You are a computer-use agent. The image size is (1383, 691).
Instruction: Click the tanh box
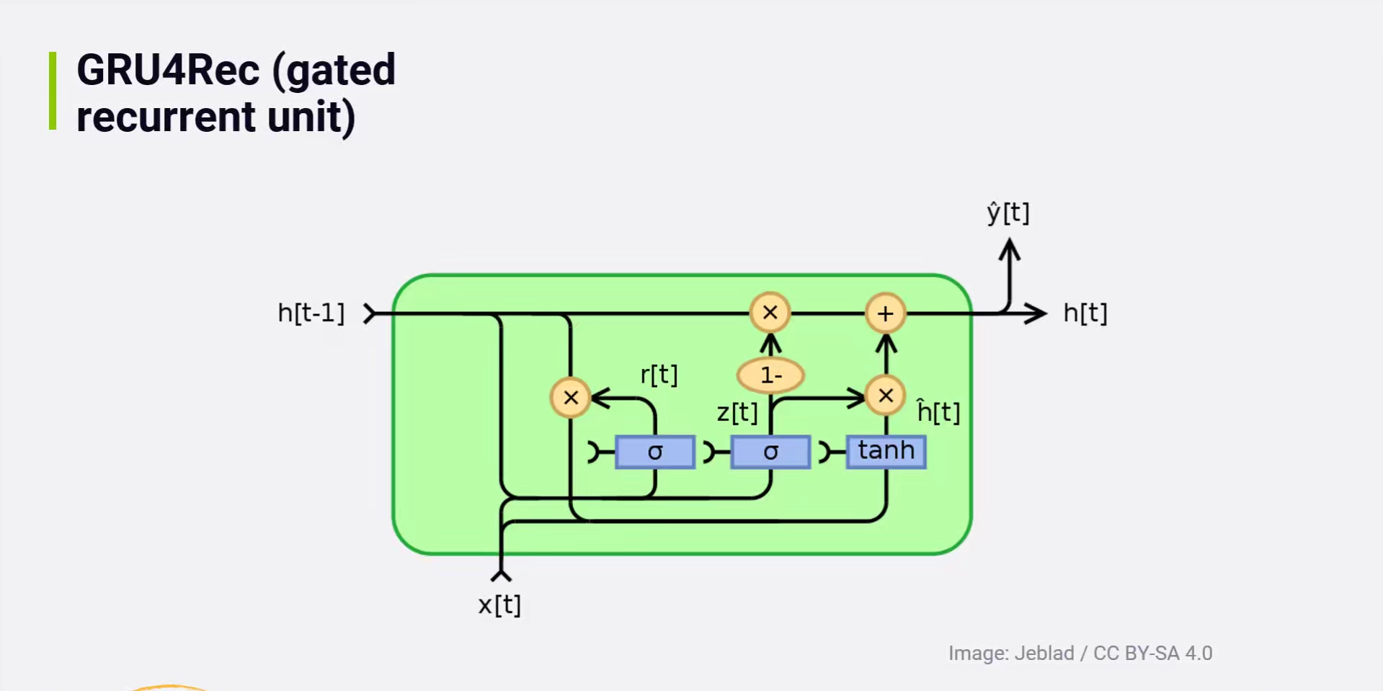(x=886, y=451)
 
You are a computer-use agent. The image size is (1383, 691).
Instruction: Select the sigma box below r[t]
(x=654, y=452)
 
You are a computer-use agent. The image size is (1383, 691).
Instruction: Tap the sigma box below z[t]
(x=770, y=452)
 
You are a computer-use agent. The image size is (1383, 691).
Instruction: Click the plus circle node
(x=885, y=313)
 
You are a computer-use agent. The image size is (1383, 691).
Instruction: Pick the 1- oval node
(x=770, y=375)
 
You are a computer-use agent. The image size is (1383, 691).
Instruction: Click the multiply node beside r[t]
(x=571, y=398)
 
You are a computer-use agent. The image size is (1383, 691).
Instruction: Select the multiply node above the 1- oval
(x=770, y=313)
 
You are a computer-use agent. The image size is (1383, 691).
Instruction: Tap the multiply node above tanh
(x=886, y=396)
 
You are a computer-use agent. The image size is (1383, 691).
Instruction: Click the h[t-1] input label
(x=311, y=313)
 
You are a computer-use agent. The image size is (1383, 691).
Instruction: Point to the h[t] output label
(x=1085, y=313)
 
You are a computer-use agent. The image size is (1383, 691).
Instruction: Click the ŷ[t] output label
(x=1008, y=213)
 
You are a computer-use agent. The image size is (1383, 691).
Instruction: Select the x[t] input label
(x=499, y=605)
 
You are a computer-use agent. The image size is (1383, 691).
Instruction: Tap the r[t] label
(x=659, y=375)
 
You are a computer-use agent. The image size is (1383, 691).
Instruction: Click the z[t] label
(x=737, y=413)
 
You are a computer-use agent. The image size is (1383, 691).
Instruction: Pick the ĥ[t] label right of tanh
(x=938, y=411)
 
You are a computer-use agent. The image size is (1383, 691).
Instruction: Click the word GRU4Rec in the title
(x=168, y=71)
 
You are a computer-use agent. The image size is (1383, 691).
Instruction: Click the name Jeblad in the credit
(x=1044, y=654)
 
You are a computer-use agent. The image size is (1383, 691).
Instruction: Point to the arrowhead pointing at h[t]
(x=1038, y=313)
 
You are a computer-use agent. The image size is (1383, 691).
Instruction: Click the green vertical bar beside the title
(x=53, y=91)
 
